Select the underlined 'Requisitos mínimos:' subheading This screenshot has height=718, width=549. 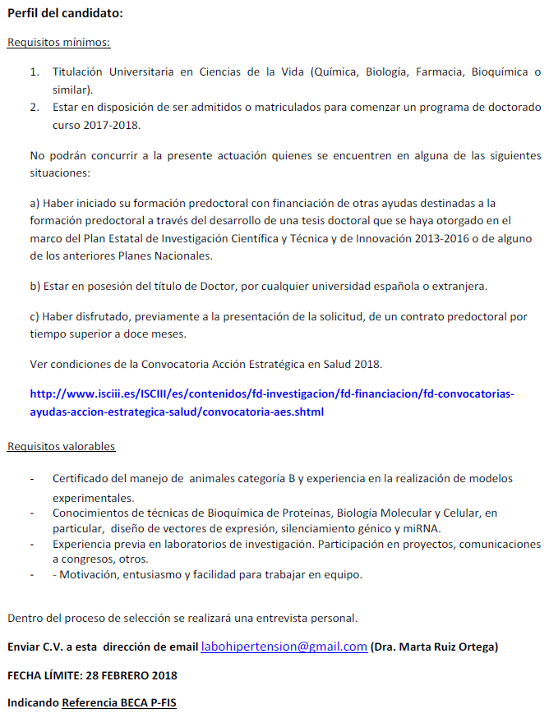(x=58, y=43)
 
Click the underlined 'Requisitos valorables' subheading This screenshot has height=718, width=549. (x=61, y=446)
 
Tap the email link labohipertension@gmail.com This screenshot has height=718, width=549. (x=284, y=647)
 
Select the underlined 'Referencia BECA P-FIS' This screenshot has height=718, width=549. (x=118, y=703)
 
